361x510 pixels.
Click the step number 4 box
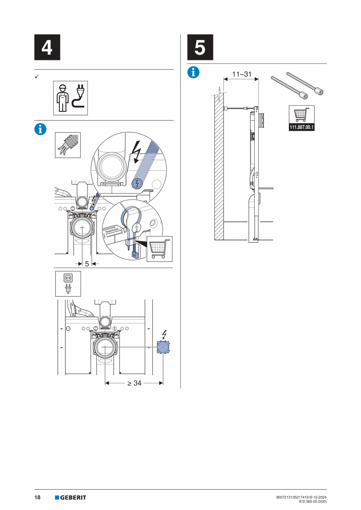click(47, 47)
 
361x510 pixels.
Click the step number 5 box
click(200, 47)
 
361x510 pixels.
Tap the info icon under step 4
click(40, 129)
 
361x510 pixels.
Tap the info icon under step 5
click(193, 72)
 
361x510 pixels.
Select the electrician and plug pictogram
click(70, 98)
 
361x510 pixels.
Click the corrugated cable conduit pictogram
click(67, 145)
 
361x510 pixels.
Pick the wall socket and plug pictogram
click(67, 283)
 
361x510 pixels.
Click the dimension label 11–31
click(242, 74)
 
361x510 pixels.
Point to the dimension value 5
click(87, 264)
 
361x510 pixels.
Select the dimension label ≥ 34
click(134, 383)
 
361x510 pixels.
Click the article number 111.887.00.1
click(302, 128)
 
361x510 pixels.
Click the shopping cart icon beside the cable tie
click(159, 249)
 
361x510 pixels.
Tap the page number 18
click(38, 497)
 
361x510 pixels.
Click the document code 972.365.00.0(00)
click(312, 501)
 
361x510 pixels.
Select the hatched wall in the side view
click(219, 169)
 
